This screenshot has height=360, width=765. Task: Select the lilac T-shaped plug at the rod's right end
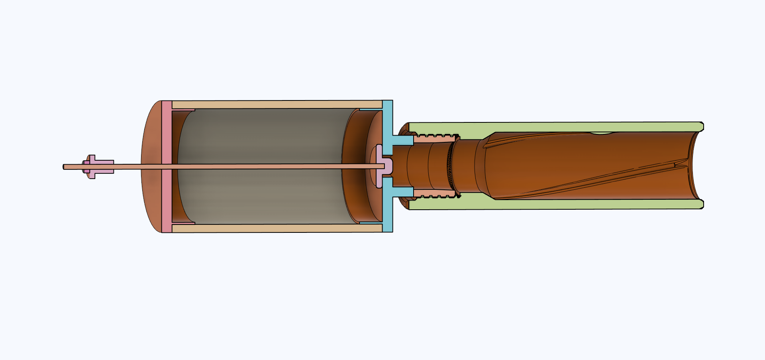click(383, 167)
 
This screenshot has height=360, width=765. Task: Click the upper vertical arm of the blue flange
click(387, 120)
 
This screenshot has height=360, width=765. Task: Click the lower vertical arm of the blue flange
click(387, 213)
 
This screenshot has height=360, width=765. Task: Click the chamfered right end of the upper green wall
click(701, 127)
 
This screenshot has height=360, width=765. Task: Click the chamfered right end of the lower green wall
click(701, 205)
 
